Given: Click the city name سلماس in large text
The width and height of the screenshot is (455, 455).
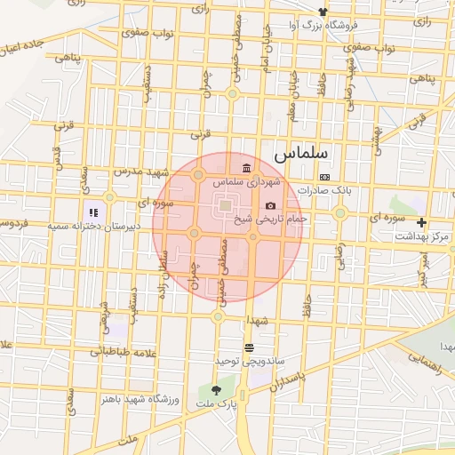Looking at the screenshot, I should (300, 153).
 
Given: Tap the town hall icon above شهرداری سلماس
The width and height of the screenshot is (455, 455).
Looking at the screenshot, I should (246, 169).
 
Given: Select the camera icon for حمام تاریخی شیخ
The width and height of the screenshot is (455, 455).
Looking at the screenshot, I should (270, 205).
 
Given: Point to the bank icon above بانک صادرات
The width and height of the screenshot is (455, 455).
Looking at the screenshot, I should (324, 177).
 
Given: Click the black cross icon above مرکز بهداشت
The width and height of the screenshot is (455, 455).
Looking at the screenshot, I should (422, 222).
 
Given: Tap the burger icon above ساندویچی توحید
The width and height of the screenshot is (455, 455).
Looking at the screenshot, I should (249, 348).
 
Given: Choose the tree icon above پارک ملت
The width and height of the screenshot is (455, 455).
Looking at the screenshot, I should (216, 389).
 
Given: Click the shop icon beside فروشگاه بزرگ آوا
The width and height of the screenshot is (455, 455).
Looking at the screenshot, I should (323, 12).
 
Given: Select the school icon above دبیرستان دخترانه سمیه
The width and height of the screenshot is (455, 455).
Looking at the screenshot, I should (92, 213).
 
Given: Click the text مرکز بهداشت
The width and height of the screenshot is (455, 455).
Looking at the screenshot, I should (423, 236).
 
